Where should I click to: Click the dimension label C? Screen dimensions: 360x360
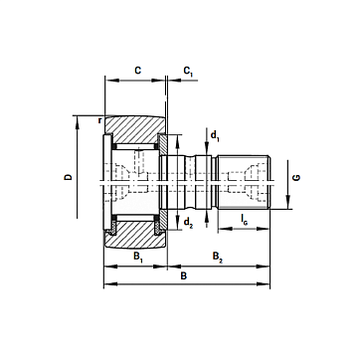(x=137, y=71)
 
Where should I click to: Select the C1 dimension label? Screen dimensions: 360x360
(x=188, y=72)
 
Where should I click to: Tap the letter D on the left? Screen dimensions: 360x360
(x=68, y=177)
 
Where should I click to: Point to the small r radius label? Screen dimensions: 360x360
(x=99, y=120)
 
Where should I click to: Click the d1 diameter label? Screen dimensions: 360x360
(x=215, y=135)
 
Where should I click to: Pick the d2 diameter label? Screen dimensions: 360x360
(x=188, y=223)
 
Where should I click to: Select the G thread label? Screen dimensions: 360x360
(x=296, y=177)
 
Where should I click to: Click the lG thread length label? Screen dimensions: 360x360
(x=244, y=219)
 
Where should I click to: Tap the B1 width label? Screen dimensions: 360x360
(x=138, y=257)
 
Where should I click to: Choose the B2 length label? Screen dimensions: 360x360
(x=218, y=257)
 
